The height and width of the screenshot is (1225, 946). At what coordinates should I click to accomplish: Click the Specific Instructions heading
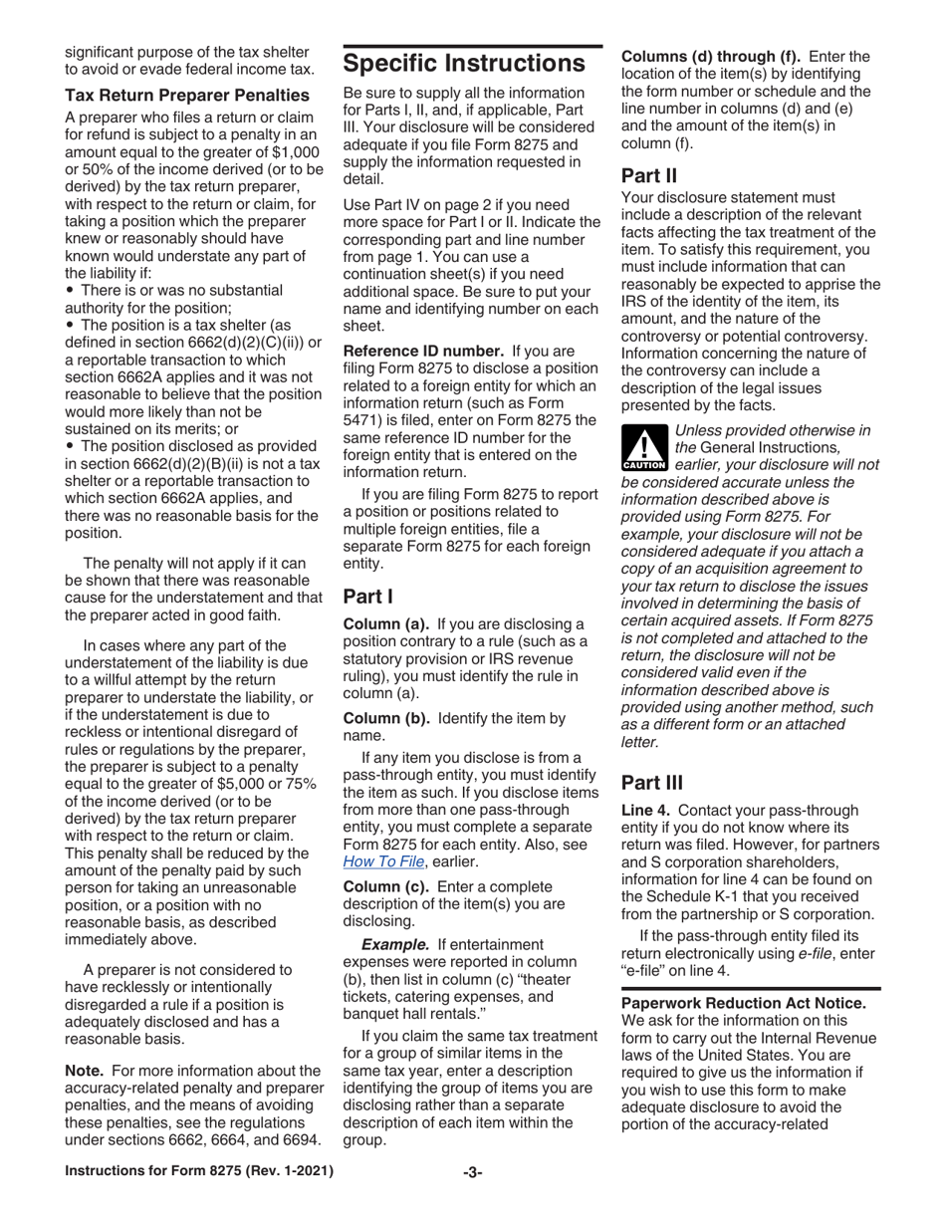(x=464, y=65)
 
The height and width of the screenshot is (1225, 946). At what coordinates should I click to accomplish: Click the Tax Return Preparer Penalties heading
(x=187, y=96)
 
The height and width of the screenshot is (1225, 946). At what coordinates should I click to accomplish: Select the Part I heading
(x=368, y=598)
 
